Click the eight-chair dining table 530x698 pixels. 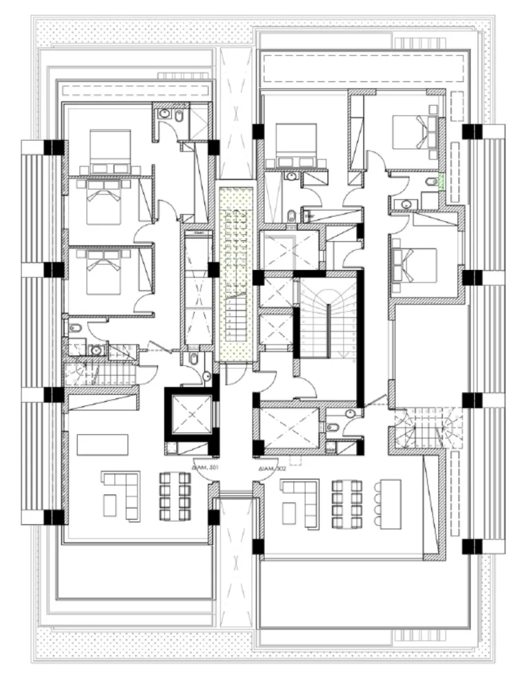pyautogui.click(x=175, y=496)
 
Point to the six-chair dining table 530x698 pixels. pyautogui.click(x=346, y=504)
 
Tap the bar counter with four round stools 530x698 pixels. pyautogui.click(x=387, y=504)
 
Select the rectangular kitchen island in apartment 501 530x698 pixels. pyautogui.click(x=102, y=444)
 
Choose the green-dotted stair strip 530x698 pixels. pyautogui.click(x=235, y=273)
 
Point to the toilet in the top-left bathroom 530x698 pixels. pyautogui.click(x=179, y=118)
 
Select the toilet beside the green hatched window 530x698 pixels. pyautogui.click(x=432, y=182)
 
